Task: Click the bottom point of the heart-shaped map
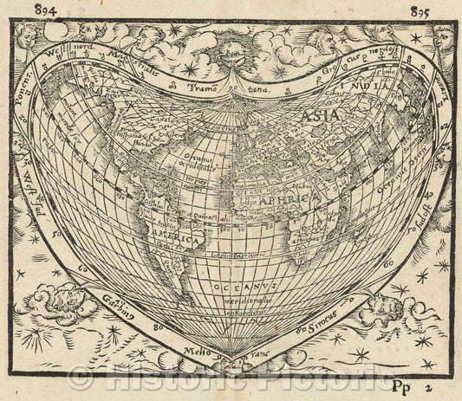pyautogui.click(x=231, y=358)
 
